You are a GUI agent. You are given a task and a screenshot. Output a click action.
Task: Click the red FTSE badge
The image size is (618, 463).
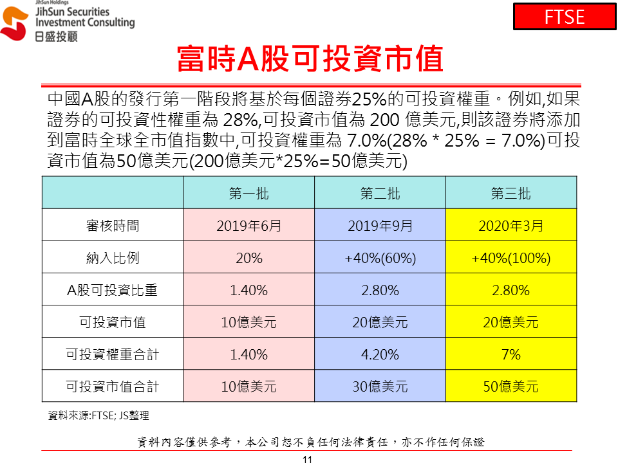[x=565, y=17]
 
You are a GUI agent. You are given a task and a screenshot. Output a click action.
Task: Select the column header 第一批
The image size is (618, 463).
[x=249, y=194]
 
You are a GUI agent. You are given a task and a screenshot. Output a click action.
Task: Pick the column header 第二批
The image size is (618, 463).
[x=380, y=194]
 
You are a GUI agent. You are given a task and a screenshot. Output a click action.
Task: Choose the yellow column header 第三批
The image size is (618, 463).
[x=511, y=194]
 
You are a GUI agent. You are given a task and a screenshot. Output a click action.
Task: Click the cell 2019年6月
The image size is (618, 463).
[x=249, y=226]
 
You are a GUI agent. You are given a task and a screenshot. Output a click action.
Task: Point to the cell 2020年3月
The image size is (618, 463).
[x=511, y=226]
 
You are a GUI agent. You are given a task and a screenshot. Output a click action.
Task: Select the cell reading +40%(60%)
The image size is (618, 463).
[x=380, y=258]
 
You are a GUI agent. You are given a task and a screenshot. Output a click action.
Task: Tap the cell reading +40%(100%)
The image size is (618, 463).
[x=511, y=258]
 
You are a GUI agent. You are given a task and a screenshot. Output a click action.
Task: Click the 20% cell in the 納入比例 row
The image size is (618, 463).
[x=249, y=258]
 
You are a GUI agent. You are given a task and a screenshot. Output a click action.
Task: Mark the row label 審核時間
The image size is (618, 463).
[x=113, y=226]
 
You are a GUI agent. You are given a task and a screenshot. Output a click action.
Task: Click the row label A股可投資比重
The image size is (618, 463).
[x=113, y=290]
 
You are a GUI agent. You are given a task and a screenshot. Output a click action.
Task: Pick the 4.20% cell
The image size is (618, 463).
[x=380, y=354]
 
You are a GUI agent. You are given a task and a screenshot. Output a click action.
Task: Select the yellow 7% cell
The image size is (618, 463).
[x=511, y=354]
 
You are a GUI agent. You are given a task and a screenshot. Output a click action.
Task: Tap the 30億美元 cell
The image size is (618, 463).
[x=380, y=386]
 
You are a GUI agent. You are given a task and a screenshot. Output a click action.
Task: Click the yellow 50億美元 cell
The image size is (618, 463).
[x=511, y=386]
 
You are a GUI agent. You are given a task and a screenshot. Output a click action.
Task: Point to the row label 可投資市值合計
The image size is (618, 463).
[x=113, y=386]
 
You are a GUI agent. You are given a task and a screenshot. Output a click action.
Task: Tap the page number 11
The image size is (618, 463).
[x=307, y=458]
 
